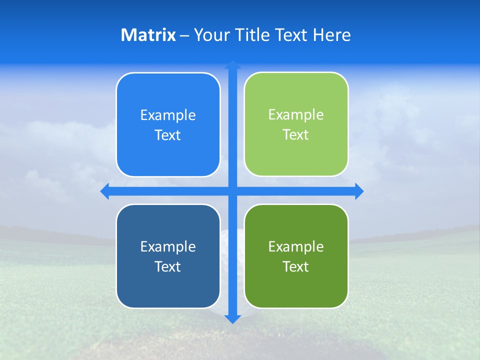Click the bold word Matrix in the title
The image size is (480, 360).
[148, 35]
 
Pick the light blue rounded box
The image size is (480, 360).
[168, 124]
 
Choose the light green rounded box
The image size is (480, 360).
[296, 124]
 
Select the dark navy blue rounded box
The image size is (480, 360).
[168, 256]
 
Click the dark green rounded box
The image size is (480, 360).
[296, 256]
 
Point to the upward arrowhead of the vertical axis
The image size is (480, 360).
[232, 64]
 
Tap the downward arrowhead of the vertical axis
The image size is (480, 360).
[232, 319]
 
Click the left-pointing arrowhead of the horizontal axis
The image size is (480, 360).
[104, 191]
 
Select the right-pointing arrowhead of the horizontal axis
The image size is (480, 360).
[359, 191]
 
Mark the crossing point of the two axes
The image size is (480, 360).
[232, 191]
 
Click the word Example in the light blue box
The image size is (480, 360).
[168, 115]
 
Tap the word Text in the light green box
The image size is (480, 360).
[295, 135]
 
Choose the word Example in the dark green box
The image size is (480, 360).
[296, 246]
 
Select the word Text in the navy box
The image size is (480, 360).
[167, 266]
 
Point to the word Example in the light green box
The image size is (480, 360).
[296, 115]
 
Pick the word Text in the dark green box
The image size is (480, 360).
[295, 266]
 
